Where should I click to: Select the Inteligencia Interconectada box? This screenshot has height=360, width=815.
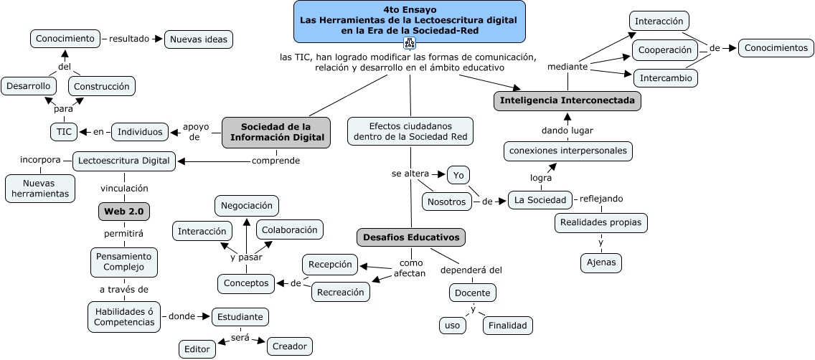567,101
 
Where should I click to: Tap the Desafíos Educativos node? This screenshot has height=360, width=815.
411,237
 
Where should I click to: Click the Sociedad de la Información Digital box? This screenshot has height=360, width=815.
276,133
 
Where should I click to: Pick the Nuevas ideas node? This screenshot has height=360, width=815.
199,39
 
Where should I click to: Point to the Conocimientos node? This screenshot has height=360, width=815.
776,48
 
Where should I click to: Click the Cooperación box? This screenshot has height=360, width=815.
665,50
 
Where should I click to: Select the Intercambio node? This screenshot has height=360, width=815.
665,77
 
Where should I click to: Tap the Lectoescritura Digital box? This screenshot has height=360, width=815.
125,161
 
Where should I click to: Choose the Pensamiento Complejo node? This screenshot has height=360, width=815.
123,262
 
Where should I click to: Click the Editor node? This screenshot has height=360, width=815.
197,349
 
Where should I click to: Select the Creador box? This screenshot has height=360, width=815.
290,346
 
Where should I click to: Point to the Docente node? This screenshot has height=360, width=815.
473,293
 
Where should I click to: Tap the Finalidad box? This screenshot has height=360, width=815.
508,326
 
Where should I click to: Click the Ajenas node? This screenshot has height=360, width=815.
600,263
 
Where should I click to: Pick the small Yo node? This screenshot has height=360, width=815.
458,174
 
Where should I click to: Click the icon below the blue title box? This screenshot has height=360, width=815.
410,42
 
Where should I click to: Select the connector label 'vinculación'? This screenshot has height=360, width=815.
124,188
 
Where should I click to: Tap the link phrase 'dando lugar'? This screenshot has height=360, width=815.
567,130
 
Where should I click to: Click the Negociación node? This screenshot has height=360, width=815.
246,205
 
